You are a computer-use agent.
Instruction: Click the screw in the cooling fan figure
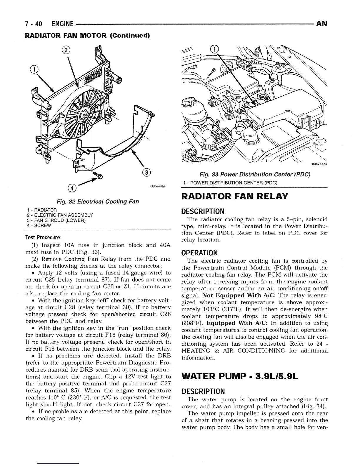pos(99,176)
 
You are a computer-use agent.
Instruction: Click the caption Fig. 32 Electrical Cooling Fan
pos(98,202)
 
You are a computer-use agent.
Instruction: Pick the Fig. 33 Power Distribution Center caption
pos(254,175)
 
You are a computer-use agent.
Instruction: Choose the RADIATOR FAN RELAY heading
pos(234,196)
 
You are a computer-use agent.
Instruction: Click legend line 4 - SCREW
pos(39,226)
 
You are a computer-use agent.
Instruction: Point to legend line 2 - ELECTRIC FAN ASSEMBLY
pos(59,215)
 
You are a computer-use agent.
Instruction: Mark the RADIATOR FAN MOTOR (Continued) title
pos(87,36)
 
